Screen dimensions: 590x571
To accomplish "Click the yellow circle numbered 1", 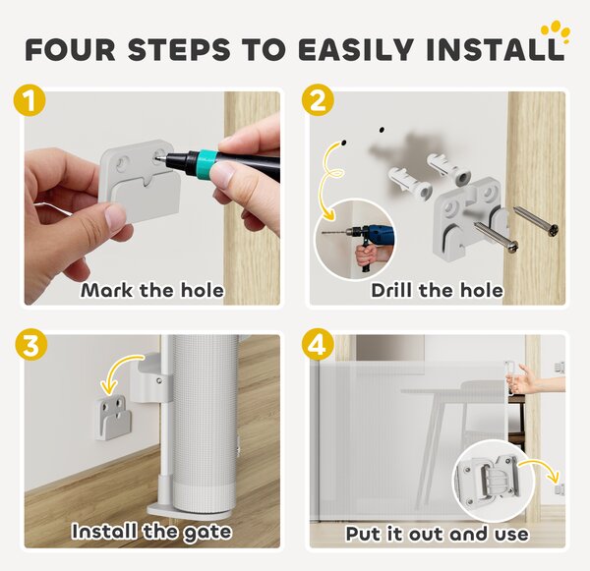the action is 29,101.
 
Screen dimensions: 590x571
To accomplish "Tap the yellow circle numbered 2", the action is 318,100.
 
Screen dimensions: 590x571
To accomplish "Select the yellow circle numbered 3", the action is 31,346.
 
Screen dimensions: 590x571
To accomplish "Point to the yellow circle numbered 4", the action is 318,345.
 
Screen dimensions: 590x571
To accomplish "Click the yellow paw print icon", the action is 556,33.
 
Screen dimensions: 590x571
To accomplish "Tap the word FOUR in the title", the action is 71,50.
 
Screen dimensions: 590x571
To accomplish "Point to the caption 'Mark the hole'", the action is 152,290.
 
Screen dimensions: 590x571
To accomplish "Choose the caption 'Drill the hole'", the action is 438,290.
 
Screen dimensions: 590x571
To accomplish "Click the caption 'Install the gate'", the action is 151,532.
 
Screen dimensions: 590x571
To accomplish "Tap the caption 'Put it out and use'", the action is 438,534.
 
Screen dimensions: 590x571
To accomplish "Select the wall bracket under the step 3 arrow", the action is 113,419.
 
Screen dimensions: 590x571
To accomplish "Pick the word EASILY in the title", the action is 356,50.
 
